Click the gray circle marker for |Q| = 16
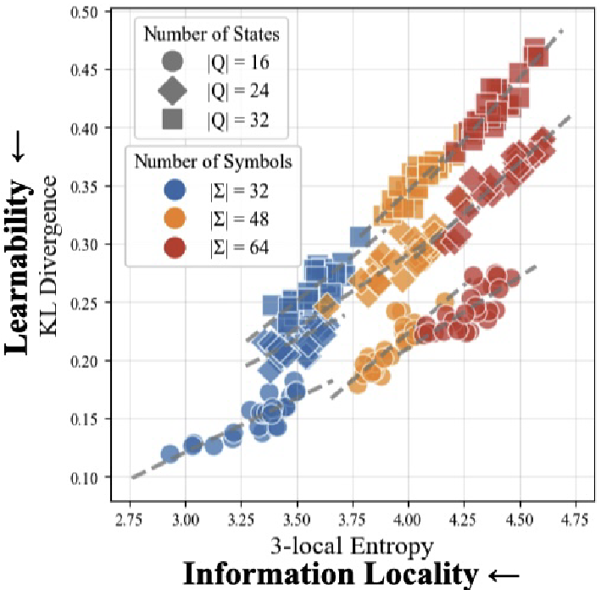[172, 61]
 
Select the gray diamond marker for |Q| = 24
[172, 91]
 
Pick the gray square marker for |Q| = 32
[172, 120]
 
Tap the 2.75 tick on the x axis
[131, 516]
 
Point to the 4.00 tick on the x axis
[409, 516]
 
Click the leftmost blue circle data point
[170, 454]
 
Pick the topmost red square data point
[535, 47]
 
